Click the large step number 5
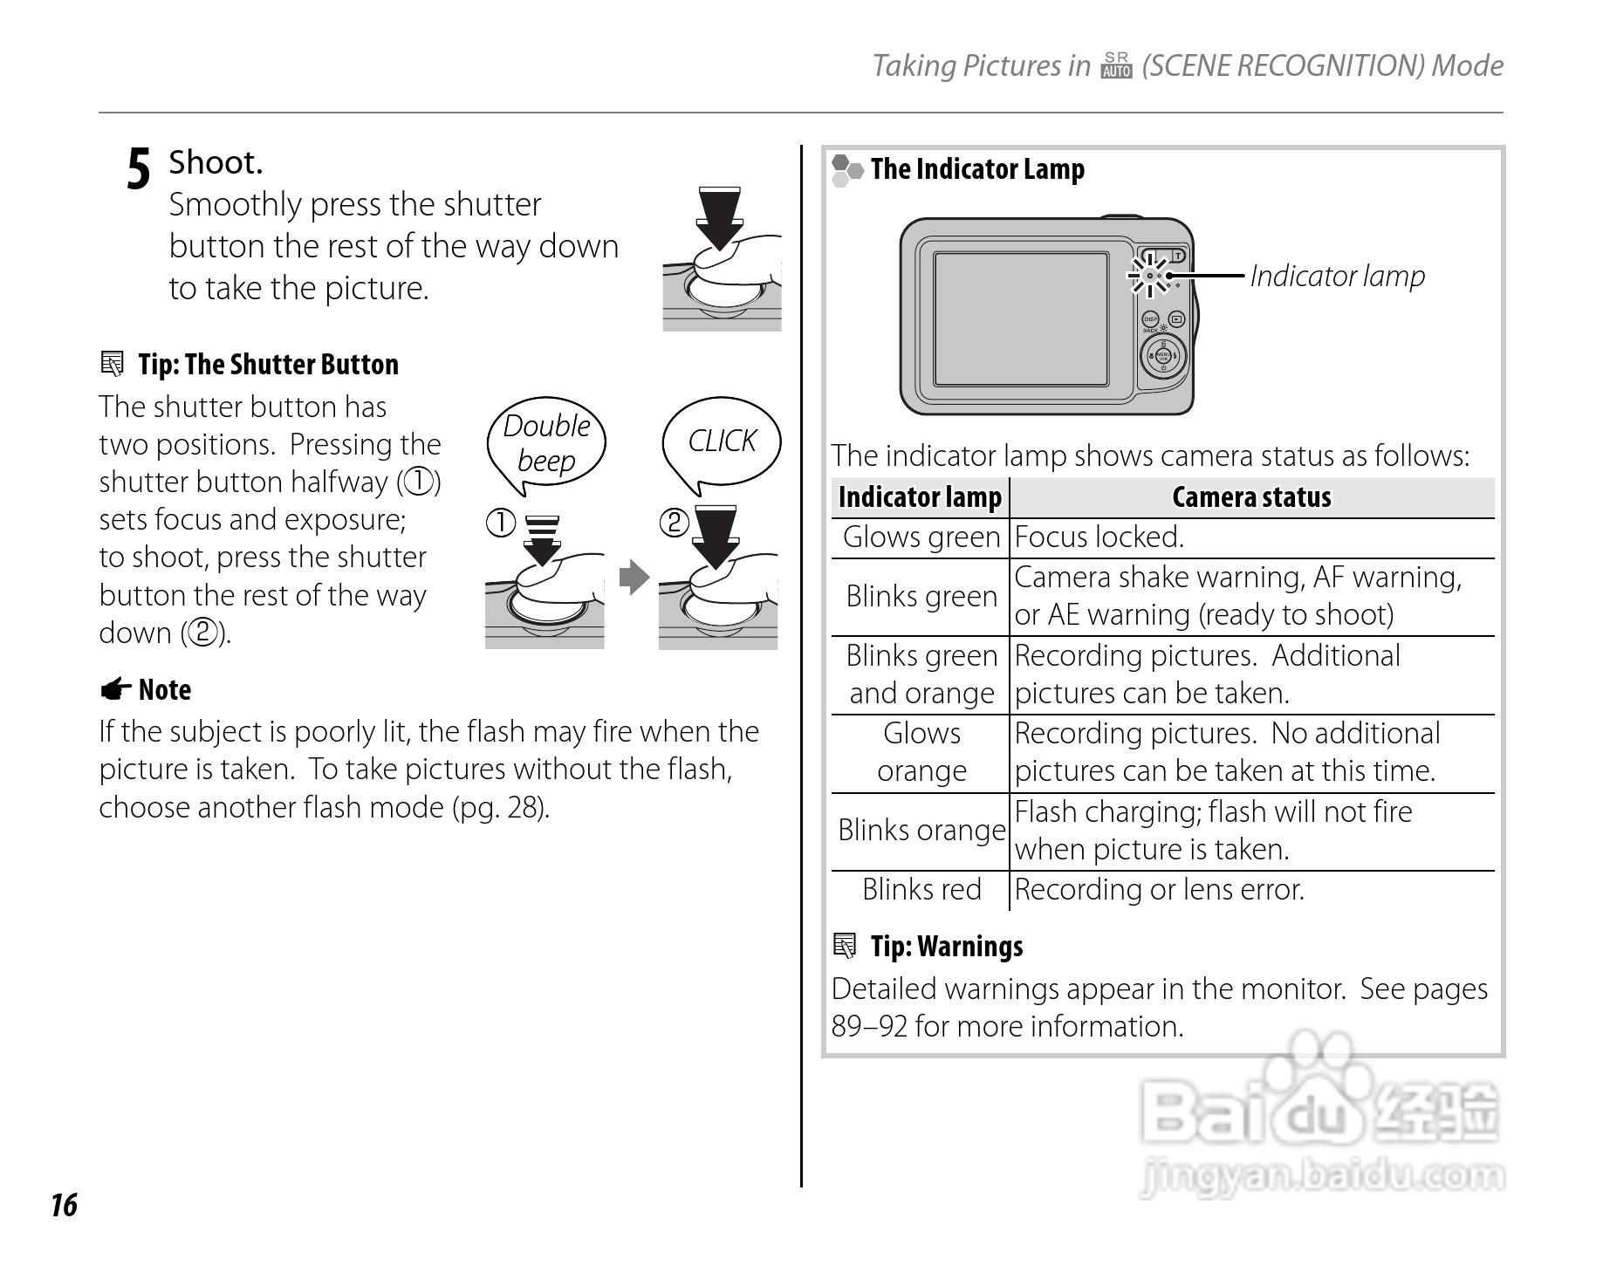point(139,168)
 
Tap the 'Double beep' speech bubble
point(546,444)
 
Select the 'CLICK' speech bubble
point(722,441)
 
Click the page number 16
point(64,1205)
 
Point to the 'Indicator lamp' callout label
point(1337,276)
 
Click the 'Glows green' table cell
point(921,537)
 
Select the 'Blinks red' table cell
point(921,890)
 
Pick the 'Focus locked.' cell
point(1099,537)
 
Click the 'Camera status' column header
point(1251,497)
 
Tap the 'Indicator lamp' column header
point(920,497)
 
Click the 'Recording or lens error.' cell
point(1160,890)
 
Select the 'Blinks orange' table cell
point(921,831)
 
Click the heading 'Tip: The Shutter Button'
point(268,364)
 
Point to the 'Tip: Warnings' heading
point(946,947)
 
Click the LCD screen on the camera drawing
point(1021,318)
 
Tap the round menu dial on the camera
point(1163,356)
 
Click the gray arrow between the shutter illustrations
point(634,577)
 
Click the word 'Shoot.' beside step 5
point(216,162)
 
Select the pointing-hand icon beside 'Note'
point(115,690)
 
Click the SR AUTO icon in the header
point(1116,65)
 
